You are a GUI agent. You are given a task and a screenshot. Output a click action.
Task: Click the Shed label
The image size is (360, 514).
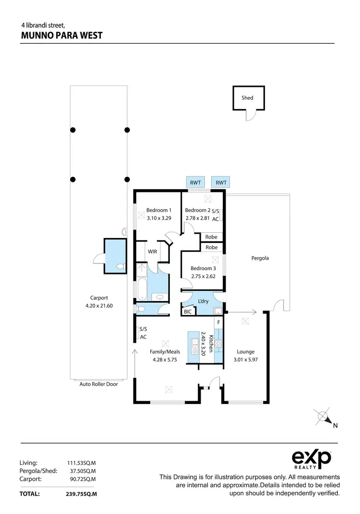pos(247,98)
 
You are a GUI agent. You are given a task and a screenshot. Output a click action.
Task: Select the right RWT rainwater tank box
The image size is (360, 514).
pos(221,182)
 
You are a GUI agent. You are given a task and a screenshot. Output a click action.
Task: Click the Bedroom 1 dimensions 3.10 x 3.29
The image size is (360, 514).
pos(158,218)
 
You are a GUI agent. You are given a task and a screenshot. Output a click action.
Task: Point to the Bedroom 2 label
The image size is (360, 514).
pos(198,210)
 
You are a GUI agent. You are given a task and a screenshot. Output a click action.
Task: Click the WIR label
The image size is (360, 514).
pos(153,251)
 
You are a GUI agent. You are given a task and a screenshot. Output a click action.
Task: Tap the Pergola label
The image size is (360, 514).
pos(260,258)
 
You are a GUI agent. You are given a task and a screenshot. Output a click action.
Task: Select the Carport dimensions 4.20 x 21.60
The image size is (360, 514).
pos(99,305)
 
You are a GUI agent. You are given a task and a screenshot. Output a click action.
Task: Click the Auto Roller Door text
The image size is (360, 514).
pos(98,384)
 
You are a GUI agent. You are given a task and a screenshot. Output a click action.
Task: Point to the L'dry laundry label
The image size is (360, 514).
pos(203,301)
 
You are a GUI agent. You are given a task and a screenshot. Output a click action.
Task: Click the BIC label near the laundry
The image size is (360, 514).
pos(187,312)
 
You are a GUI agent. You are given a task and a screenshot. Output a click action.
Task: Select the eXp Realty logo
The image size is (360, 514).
pos(312,459)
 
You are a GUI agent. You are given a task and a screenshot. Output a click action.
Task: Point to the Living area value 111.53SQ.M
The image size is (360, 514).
pos(81,463)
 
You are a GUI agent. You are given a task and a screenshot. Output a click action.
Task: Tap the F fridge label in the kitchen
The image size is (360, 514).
pos(218,322)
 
